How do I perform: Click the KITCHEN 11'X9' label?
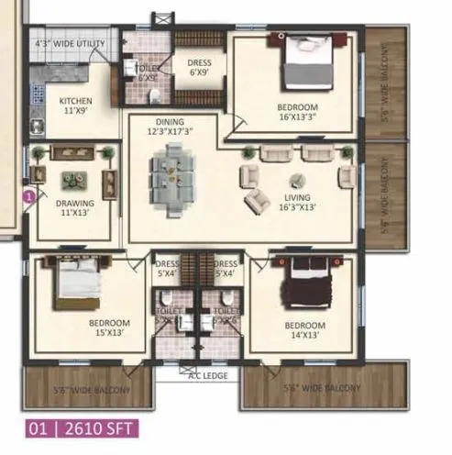[76, 105]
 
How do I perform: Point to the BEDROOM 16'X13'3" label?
[297, 112]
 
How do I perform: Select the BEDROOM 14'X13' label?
[303, 330]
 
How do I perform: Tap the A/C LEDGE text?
[204, 376]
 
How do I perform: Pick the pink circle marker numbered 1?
[29, 194]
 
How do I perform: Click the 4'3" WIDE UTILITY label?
[70, 44]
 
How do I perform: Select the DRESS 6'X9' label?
[200, 68]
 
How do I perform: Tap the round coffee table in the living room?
[296, 180]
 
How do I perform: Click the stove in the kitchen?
[39, 94]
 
